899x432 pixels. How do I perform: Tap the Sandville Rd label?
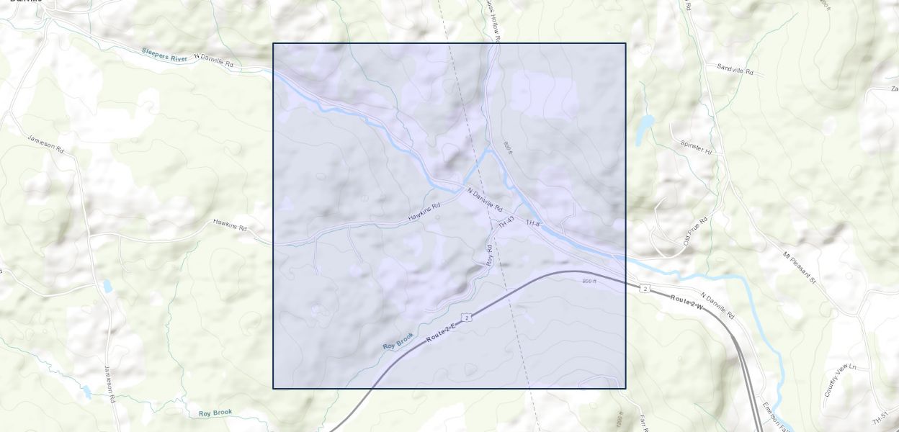pos(735,69)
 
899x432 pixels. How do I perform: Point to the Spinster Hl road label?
pos(696,147)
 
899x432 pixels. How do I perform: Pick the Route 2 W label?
pos(687,302)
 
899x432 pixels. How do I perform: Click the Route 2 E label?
pos(441,332)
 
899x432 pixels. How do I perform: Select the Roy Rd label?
pos(489,255)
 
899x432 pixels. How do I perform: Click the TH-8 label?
pos(532,224)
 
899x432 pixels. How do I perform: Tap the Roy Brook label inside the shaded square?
pos(398,341)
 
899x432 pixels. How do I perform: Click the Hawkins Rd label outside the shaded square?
pos(230,225)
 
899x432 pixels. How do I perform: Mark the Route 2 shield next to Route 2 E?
pos(468,318)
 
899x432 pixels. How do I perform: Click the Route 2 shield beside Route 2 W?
pos(645,289)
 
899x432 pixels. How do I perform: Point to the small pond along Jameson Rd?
pos(107,286)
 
